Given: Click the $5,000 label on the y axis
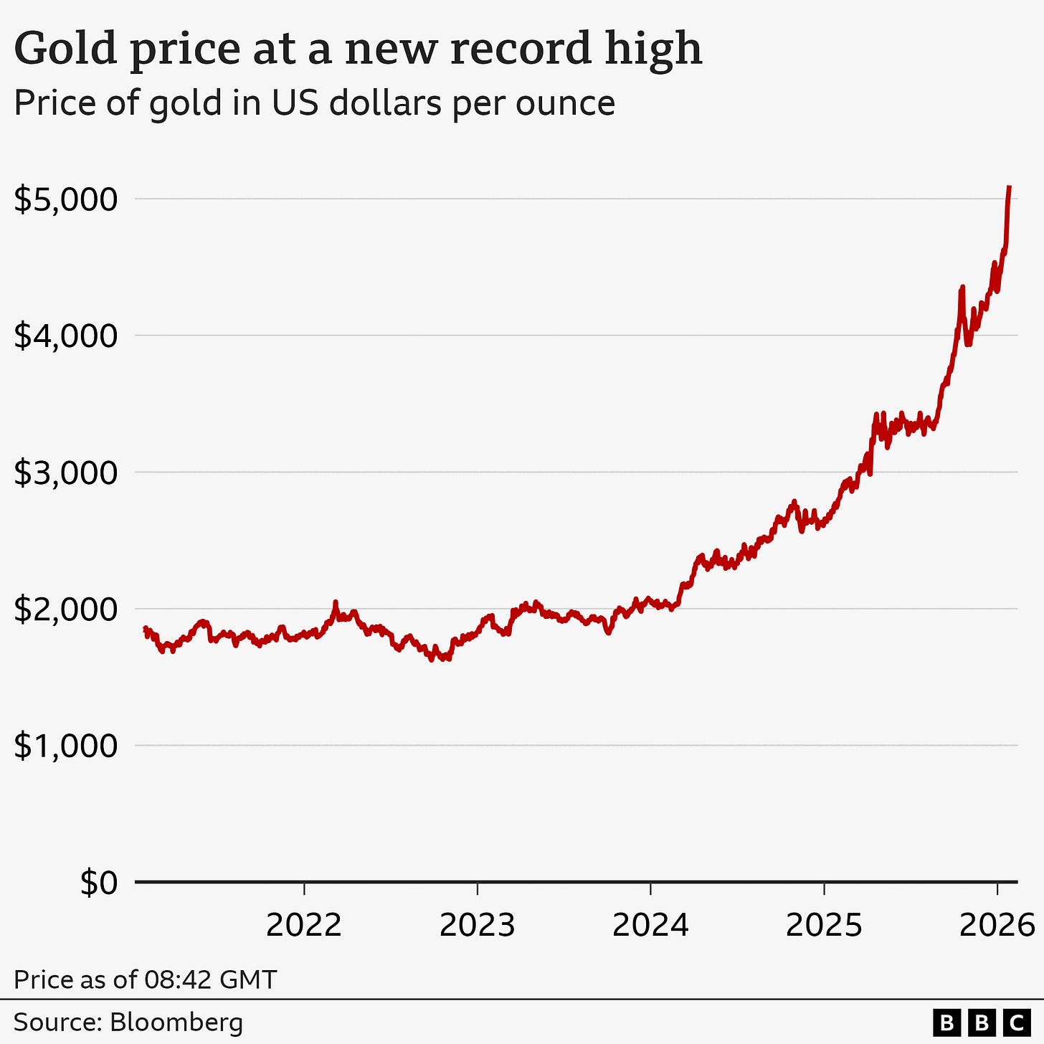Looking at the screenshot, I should tap(65, 199).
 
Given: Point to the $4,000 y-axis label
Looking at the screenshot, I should tap(65, 336).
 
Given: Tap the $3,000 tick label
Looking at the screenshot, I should tap(65, 473).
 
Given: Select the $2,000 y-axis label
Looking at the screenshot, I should tap(65, 609).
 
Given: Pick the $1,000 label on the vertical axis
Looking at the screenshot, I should tap(65, 746).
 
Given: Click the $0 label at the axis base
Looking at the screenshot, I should tap(98, 883).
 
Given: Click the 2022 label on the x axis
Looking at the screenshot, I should tap(303, 926).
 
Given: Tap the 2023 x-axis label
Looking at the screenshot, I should tap(477, 926).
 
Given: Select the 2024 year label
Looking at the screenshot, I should tap(650, 926).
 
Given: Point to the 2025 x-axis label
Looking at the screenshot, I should tap(824, 926).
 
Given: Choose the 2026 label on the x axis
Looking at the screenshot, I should tap(997, 926).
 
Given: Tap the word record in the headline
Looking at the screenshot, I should tap(511, 49).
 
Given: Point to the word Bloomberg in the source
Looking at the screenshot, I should tap(176, 1022).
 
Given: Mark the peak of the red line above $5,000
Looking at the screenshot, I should tap(1010, 186).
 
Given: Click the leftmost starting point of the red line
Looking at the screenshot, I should tap(145, 628).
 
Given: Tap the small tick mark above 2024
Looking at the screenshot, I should tap(650, 889).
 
